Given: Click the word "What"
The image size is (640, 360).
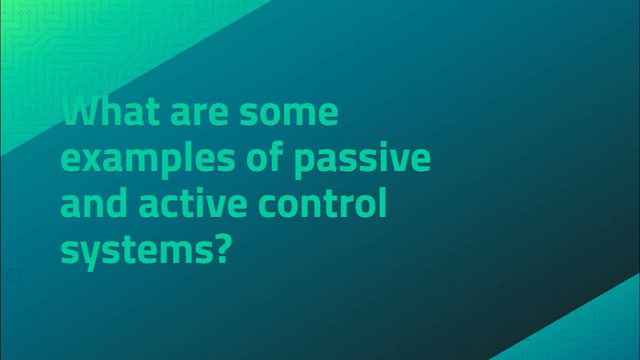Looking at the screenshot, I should [x=111, y=113].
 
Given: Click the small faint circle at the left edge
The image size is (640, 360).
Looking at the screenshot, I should [x=13, y=275].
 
